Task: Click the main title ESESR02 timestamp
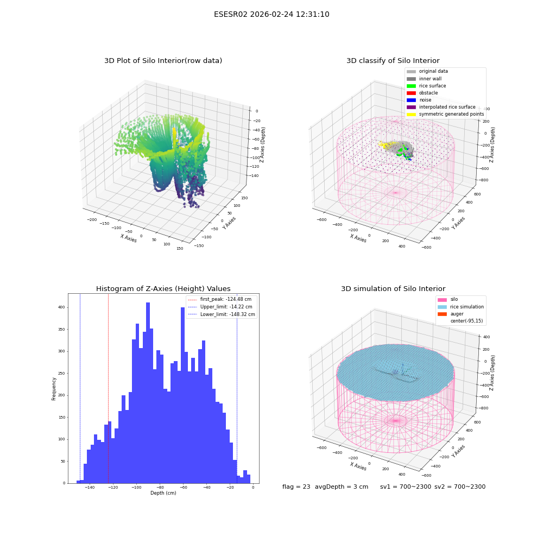271,14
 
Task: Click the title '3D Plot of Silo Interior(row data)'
163,61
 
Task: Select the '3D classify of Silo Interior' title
393,61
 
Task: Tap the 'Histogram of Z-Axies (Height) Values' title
163,288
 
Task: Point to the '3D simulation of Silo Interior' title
393,288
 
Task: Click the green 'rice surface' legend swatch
411,86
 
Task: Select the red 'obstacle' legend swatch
411,93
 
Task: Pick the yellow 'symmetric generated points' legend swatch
411,114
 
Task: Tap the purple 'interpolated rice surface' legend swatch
411,107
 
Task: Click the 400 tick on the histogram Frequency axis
61,307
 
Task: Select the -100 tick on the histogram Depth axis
136,487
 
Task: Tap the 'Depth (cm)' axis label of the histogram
163,493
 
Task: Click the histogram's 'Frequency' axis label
54,389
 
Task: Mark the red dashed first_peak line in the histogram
108,388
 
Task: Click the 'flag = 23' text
296,487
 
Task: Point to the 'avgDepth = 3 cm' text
342,487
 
